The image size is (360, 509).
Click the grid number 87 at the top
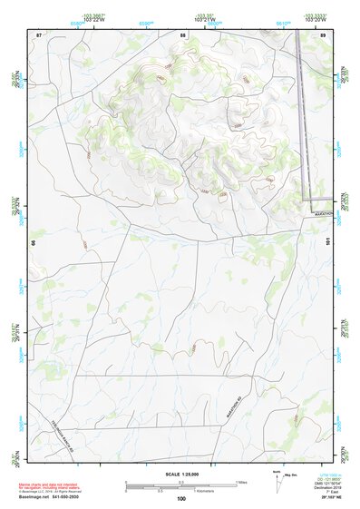pyautogui.click(x=39, y=34)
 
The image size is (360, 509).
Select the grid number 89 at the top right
pyautogui.click(x=323, y=34)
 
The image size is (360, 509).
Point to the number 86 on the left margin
pyautogui.click(x=33, y=243)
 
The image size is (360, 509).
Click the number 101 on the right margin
pyautogui.click(x=328, y=243)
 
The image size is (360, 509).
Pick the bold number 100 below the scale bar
pyautogui.click(x=181, y=498)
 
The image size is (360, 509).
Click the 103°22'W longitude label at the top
pyautogui.click(x=89, y=19)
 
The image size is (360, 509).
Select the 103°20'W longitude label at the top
pyautogui.click(x=314, y=19)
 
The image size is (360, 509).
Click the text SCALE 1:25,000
pyautogui.click(x=180, y=475)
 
